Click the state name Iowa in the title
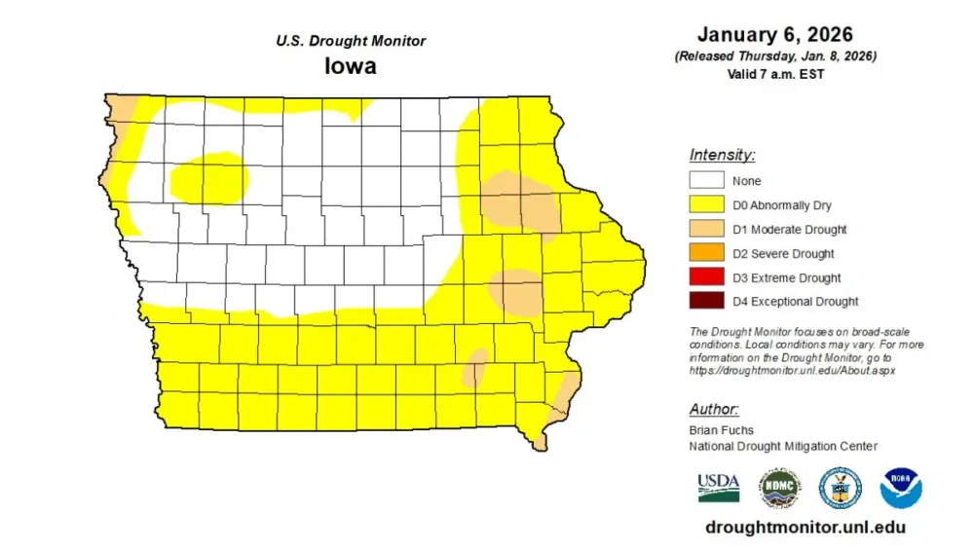point(351,67)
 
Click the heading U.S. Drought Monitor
point(351,41)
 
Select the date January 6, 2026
point(775,35)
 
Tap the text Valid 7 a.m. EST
point(775,73)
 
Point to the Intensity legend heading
point(722,154)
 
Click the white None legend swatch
point(706,180)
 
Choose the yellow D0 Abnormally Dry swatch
point(706,204)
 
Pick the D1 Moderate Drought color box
point(706,229)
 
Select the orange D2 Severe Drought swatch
point(706,253)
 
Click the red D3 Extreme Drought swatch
point(706,277)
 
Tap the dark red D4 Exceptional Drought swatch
point(706,301)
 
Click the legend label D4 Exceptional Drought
point(796,302)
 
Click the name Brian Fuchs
point(721,430)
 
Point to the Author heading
point(713,409)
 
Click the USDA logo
point(718,487)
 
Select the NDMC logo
point(779,487)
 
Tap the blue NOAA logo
point(901,488)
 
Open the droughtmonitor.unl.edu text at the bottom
point(804,527)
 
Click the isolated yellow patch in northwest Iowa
point(208,179)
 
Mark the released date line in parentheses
point(775,56)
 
